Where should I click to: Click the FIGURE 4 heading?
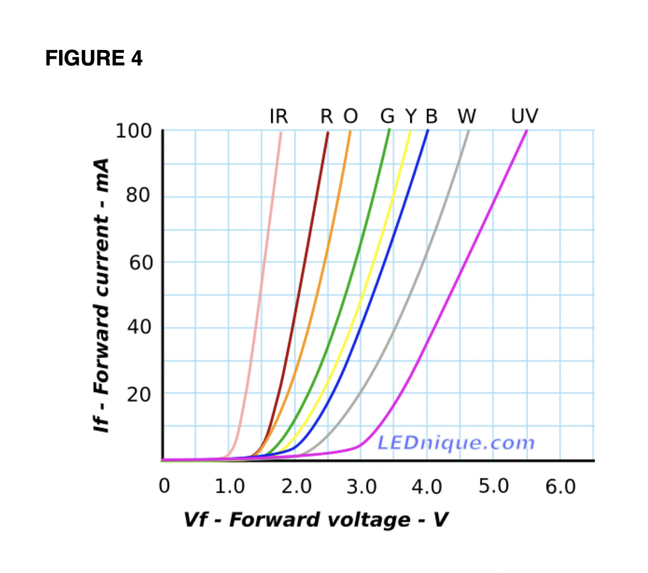(94, 58)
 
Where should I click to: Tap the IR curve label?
(279, 116)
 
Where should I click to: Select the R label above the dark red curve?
(327, 116)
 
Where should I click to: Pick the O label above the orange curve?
(351, 116)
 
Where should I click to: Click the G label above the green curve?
(387, 116)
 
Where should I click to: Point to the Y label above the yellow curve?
(411, 116)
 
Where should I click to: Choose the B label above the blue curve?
(431, 116)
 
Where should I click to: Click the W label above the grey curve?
(467, 116)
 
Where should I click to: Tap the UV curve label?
(525, 116)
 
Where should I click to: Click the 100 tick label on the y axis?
(133, 131)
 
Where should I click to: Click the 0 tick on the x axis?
(164, 487)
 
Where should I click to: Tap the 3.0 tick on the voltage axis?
(361, 487)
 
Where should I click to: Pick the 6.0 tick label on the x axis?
(560, 487)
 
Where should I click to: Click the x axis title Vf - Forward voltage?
(316, 520)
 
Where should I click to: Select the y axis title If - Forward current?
(103, 295)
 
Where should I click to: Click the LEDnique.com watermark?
(456, 442)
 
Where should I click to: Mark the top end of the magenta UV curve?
(526, 131)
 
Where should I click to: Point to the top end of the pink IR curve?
(281, 132)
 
